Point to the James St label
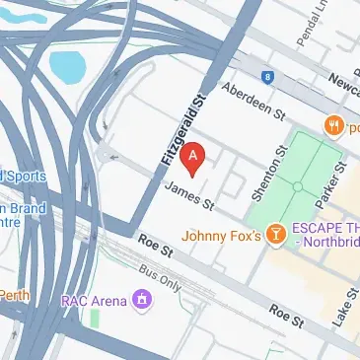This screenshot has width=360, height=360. (x=188, y=195)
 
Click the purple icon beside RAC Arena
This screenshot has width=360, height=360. (x=143, y=298)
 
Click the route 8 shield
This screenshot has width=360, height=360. (x=266, y=76)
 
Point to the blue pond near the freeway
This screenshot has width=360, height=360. (x=67, y=66)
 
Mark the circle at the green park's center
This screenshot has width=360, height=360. (x=297, y=185)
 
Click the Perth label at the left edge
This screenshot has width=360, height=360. (x=14, y=295)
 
